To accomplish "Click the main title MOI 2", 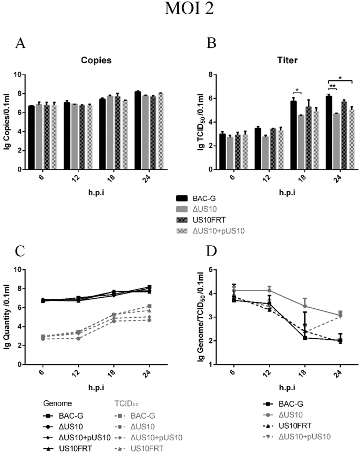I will coord(180,11).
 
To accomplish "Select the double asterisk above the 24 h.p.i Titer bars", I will coord(332,85).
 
